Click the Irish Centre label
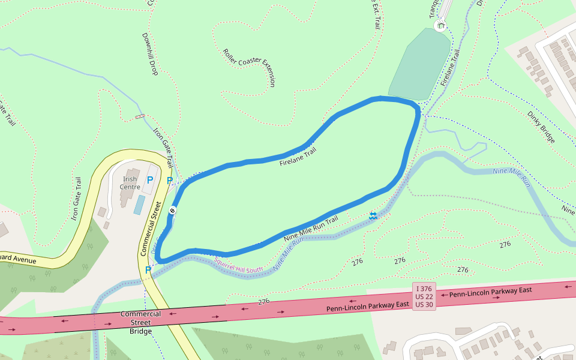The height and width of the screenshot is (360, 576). click(x=130, y=183)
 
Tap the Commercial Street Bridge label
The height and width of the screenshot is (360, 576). click(x=140, y=322)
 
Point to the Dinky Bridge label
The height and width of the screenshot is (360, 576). click(x=541, y=127)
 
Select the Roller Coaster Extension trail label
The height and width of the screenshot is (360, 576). click(x=249, y=68)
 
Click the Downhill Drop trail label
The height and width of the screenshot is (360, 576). click(x=149, y=53)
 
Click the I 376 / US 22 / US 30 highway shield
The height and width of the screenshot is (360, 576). click(x=424, y=296)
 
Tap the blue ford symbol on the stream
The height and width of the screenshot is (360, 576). click(x=373, y=215)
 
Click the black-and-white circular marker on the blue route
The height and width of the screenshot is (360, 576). click(x=172, y=211)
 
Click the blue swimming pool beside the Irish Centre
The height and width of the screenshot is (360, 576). click(x=139, y=205)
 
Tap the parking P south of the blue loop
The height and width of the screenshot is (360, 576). click(x=148, y=270)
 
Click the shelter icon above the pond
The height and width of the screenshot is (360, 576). click(x=441, y=25)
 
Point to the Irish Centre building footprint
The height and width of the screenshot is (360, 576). click(x=127, y=197)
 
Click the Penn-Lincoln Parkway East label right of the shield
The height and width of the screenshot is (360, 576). click(x=490, y=292)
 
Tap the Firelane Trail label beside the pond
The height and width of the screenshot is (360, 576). click(x=451, y=67)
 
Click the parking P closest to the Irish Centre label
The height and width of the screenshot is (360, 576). click(x=150, y=180)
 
